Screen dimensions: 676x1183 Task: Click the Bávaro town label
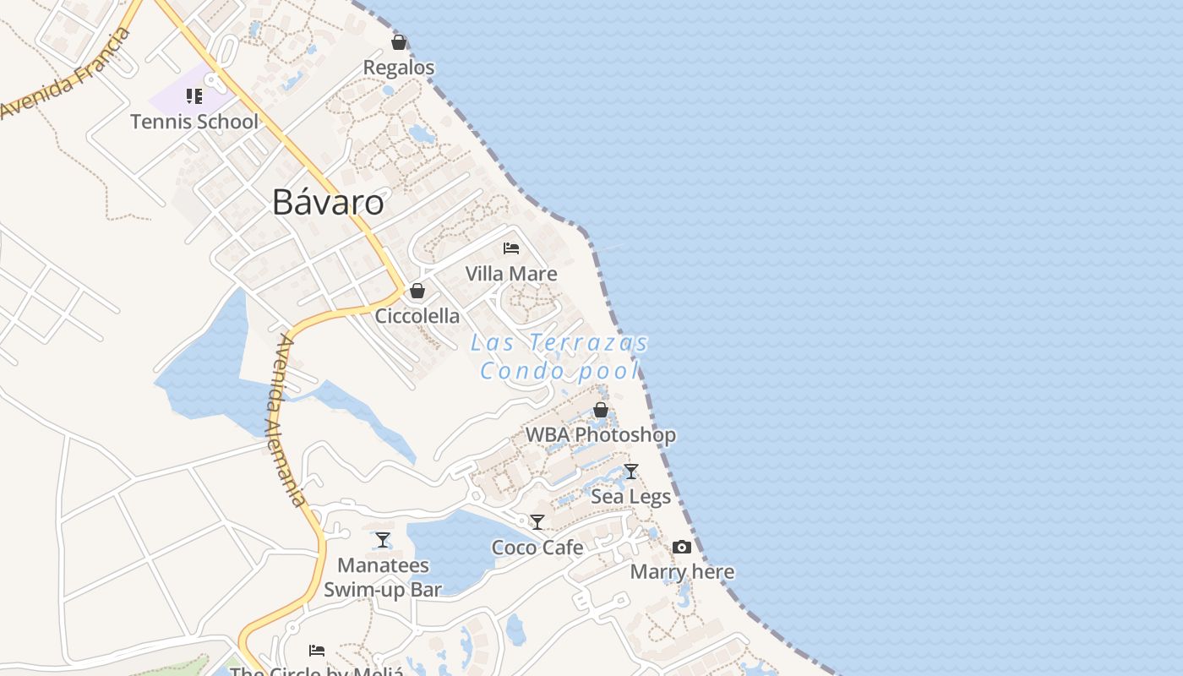(328, 203)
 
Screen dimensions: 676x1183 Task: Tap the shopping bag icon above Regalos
(399, 42)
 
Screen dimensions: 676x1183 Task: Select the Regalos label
(399, 68)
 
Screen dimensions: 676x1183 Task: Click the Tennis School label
(194, 122)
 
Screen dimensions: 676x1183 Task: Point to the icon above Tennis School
(194, 96)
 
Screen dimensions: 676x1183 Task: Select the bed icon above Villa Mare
(511, 248)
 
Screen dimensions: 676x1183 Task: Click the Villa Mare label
(511, 274)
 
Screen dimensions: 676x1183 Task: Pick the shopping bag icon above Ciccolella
(417, 292)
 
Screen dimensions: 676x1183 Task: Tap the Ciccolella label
(417, 316)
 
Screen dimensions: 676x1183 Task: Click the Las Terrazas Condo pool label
(559, 357)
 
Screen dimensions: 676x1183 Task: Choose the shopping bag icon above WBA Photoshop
(601, 411)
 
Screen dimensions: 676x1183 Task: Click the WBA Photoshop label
(601, 435)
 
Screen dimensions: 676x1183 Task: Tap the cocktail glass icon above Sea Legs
(631, 472)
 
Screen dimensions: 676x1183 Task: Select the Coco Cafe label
(537, 548)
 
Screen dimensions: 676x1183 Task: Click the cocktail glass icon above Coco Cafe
(537, 522)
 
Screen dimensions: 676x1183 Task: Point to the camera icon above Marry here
(682, 548)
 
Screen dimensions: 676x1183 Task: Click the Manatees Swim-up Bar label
(383, 577)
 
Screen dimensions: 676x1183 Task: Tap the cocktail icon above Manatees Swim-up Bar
(383, 540)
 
